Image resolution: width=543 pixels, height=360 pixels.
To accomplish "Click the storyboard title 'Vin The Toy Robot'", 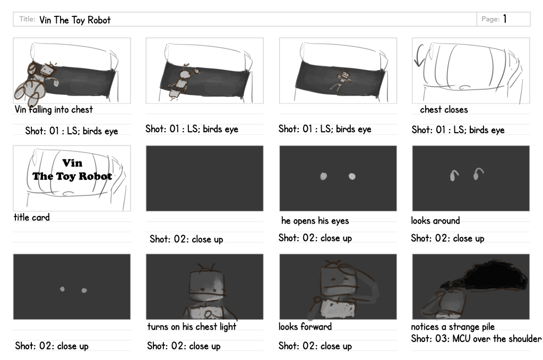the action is point(75,20).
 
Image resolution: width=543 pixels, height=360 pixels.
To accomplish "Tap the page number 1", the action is point(505,19).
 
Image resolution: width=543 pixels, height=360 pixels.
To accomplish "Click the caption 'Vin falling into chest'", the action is point(54,109).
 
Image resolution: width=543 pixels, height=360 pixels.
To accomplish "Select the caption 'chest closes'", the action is point(444,109).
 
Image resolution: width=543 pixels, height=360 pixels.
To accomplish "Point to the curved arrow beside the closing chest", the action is point(418,55).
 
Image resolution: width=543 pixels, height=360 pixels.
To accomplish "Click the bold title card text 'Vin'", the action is point(72,163).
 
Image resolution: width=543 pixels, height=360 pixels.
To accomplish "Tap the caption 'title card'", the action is point(31,217).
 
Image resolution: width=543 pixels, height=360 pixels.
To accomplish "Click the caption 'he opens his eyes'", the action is point(315,221).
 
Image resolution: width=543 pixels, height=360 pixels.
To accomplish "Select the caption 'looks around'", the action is point(435,220).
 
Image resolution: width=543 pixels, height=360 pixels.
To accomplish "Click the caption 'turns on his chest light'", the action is point(192,327).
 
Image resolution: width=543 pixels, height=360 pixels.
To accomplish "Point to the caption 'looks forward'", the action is point(305,327).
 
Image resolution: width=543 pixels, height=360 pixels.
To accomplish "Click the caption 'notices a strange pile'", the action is point(453,327).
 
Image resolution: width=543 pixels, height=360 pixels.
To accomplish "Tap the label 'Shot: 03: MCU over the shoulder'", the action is point(476,339).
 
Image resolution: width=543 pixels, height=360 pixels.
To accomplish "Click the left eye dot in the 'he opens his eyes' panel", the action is point(323,176).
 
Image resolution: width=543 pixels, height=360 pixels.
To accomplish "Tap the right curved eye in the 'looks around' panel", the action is point(478,173).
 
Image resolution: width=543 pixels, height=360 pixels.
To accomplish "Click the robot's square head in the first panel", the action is point(47,71).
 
